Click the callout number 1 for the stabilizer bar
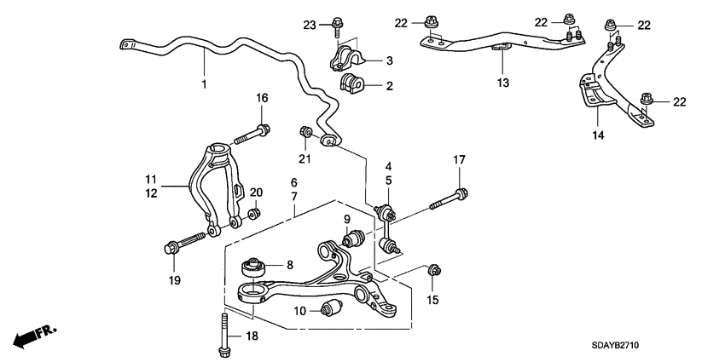[204, 84]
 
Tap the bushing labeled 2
[351, 84]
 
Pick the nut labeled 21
[305, 132]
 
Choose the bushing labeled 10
[332, 307]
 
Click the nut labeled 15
[434, 272]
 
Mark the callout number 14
[598, 135]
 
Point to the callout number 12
[151, 192]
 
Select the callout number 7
[293, 196]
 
